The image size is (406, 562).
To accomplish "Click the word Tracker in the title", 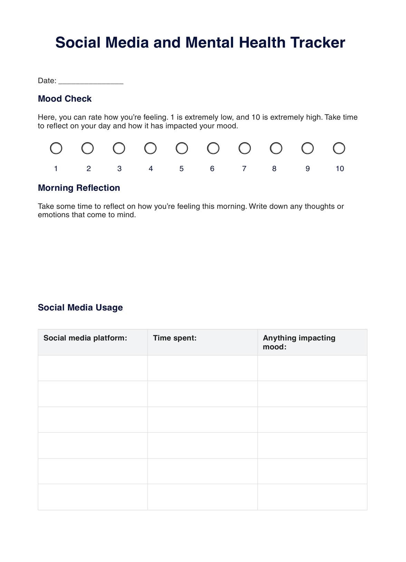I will click(318, 43).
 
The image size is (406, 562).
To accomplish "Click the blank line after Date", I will click(91, 82).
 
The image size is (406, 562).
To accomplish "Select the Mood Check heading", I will click(65, 99).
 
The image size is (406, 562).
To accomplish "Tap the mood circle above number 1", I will click(56, 148).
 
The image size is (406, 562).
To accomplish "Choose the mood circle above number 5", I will click(182, 148).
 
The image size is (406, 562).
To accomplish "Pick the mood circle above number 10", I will click(339, 148).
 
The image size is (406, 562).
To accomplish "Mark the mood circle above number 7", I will click(245, 148).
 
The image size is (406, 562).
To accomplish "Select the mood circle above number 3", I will click(119, 148).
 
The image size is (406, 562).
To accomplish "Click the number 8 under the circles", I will click(274, 169).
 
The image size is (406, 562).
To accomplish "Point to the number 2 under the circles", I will click(89, 169).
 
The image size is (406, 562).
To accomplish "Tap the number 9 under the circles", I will click(308, 169).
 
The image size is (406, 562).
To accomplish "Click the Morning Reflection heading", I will click(79, 188).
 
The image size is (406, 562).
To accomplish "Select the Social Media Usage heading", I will click(80, 308).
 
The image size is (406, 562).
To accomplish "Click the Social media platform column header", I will click(85, 338).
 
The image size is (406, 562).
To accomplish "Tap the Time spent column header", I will click(175, 338).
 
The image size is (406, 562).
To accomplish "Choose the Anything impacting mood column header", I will click(299, 342).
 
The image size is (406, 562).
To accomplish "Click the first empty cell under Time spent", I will click(202, 368).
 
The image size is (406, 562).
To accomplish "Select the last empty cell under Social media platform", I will click(93, 497).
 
